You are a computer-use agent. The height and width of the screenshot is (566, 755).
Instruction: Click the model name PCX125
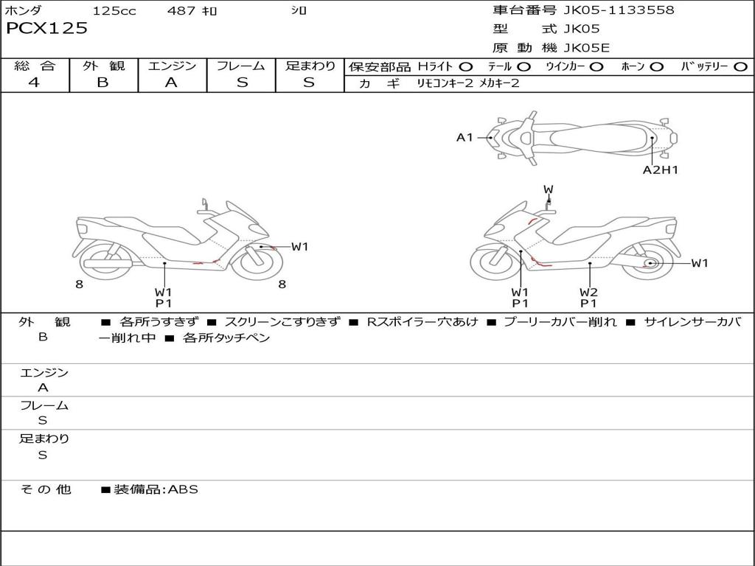[46, 29]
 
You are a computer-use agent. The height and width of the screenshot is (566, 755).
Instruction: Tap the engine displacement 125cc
[114, 11]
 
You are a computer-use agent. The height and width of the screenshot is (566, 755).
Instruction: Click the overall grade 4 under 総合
[34, 83]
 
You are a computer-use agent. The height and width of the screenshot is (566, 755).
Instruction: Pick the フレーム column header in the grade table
[241, 66]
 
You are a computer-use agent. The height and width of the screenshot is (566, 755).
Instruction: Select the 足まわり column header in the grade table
[310, 66]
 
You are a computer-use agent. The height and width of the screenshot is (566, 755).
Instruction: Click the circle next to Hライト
[466, 66]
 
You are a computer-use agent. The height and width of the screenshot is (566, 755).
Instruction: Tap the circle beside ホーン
[657, 66]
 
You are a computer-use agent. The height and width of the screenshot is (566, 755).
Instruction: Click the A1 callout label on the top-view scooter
[465, 137]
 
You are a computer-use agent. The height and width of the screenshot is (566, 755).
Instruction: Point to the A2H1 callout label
[660, 170]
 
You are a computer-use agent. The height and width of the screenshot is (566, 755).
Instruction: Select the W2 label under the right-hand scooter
[588, 292]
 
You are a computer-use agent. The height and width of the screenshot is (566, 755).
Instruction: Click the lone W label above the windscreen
[548, 189]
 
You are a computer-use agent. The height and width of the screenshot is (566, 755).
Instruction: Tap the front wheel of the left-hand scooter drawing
[251, 260]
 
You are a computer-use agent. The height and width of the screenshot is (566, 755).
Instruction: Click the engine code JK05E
[587, 48]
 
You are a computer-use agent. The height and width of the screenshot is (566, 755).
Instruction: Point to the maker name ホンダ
[23, 11]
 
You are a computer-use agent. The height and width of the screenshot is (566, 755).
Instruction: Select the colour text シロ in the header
[299, 11]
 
